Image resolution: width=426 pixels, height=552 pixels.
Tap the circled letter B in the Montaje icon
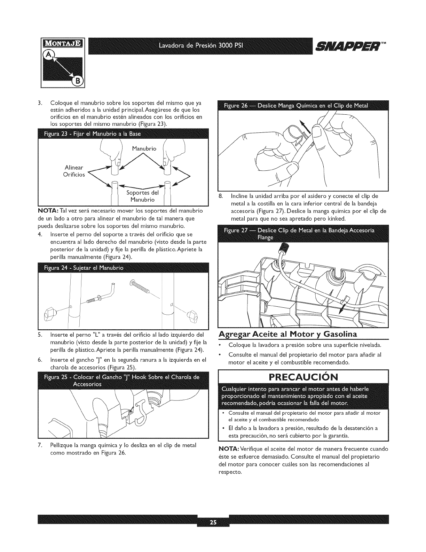[76, 82]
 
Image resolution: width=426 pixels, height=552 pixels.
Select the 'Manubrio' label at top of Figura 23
[144, 149]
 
